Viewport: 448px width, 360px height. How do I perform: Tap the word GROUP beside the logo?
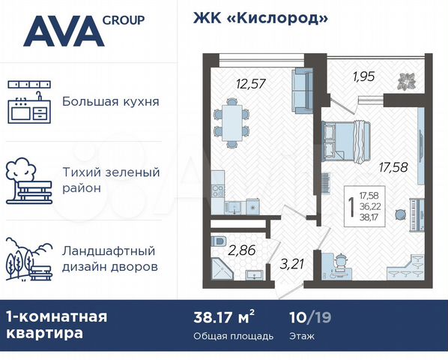124,19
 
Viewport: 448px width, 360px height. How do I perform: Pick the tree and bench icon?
28,180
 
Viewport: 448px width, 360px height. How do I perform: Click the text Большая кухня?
110,101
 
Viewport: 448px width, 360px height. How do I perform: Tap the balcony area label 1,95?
365,75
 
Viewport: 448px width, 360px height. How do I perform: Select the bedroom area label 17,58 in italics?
393,166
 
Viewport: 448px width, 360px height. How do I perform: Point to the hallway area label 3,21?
294,263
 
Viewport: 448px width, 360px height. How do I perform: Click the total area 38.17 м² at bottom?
224,316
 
